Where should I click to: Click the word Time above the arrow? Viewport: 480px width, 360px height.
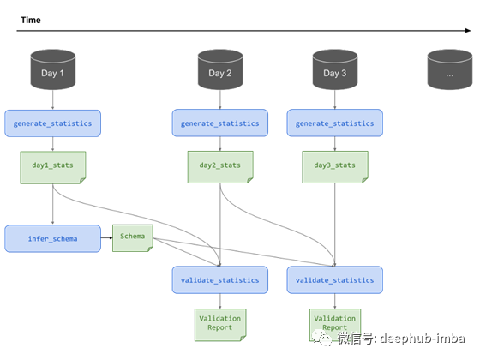[x=31, y=21]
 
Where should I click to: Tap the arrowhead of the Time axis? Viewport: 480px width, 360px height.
[x=468, y=30]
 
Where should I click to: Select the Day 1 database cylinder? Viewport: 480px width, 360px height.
[x=52, y=69]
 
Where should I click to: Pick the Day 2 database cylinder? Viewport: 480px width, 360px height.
[x=220, y=69]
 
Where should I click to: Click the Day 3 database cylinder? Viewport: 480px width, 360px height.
[x=335, y=69]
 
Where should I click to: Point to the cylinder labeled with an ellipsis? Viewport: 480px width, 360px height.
[x=450, y=69]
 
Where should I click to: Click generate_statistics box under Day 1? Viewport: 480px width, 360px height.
[x=52, y=123]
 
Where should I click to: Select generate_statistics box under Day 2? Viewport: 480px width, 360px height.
[x=220, y=123]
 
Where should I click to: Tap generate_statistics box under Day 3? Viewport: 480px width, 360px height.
[x=335, y=123]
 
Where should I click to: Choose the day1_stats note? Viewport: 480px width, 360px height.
[x=53, y=167]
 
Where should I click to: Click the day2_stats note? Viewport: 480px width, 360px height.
[x=220, y=167]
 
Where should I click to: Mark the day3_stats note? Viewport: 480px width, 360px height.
[x=335, y=167]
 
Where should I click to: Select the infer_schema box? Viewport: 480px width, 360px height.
[x=52, y=239]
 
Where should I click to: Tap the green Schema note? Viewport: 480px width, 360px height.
[x=133, y=238]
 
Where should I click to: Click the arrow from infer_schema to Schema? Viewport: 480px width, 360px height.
[x=106, y=238]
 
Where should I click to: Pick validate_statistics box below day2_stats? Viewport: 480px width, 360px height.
[x=220, y=280]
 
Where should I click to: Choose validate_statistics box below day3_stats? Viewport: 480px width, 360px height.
[x=335, y=280]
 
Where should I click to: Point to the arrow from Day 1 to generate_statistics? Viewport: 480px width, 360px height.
[x=52, y=99]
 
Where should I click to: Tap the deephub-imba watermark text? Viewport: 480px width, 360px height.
[x=423, y=339]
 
